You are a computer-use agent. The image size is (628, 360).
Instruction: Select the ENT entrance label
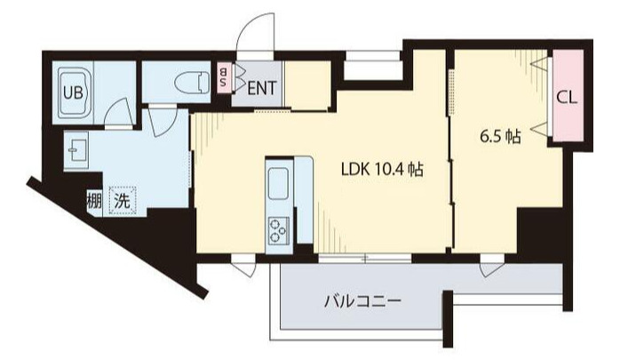point(260,87)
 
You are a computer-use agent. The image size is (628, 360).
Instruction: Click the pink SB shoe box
point(223,78)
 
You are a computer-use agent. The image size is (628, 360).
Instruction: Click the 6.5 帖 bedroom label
point(500,137)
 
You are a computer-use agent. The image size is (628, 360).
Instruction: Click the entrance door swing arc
point(251,40)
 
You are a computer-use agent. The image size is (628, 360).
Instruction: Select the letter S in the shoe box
point(223,84)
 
